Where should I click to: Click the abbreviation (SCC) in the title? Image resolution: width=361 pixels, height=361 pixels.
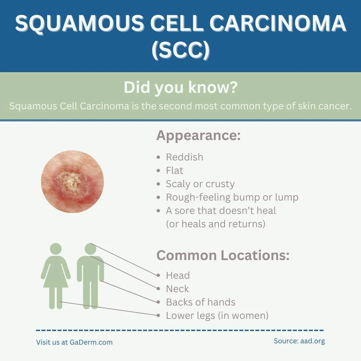(x=180, y=50)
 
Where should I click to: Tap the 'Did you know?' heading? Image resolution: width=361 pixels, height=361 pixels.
(x=180, y=88)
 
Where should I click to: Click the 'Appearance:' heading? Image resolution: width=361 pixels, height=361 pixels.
(x=199, y=136)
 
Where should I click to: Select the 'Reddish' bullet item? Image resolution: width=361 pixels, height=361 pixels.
(x=185, y=157)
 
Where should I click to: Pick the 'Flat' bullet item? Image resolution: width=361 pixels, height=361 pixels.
(x=174, y=170)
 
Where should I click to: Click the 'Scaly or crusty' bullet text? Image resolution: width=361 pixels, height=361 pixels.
(x=200, y=184)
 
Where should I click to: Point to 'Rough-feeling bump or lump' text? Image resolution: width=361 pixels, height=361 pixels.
(x=232, y=197)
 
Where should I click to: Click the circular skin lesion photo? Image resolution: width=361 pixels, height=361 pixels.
(x=72, y=182)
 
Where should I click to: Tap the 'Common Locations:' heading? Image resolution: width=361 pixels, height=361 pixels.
(x=223, y=255)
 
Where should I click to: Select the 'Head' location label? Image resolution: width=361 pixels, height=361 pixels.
(x=178, y=275)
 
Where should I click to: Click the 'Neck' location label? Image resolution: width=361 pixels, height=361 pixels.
(x=177, y=289)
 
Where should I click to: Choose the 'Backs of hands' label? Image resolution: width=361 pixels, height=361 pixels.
(x=201, y=302)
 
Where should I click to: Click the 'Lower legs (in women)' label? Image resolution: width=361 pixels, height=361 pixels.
(x=217, y=316)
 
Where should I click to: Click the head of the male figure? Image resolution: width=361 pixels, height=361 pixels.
(x=90, y=249)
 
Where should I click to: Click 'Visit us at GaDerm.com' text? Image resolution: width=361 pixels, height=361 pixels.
(x=74, y=342)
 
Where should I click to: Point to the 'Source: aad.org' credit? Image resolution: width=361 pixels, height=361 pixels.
(x=299, y=341)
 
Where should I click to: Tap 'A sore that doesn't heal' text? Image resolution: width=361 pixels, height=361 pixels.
(x=221, y=211)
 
